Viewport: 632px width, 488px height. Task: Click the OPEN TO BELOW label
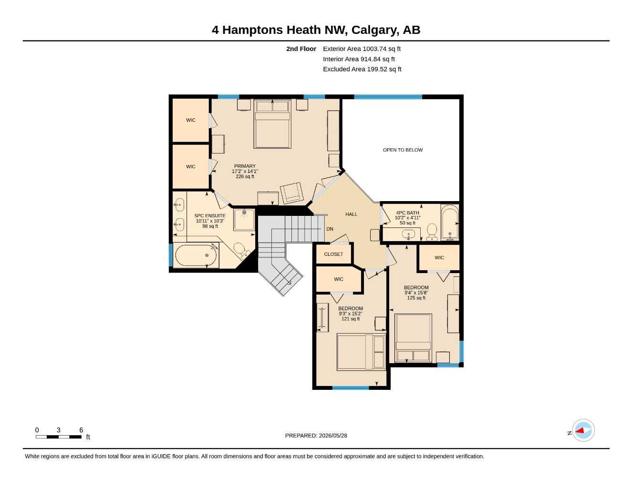(403, 150)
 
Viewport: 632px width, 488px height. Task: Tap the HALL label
(351, 214)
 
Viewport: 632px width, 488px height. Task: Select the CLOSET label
(333, 254)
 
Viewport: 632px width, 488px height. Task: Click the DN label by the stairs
(330, 229)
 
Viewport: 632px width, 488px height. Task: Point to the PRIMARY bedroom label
(245, 166)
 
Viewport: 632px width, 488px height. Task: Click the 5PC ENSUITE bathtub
(196, 255)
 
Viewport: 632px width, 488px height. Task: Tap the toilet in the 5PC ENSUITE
(241, 251)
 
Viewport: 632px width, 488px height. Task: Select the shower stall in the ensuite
(244, 220)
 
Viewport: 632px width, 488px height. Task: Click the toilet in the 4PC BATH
(432, 232)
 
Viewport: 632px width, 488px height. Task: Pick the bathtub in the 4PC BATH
(450, 222)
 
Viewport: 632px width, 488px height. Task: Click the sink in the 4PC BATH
(408, 234)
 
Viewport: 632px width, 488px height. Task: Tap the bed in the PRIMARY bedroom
(272, 124)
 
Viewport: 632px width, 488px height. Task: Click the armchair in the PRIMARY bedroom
(292, 193)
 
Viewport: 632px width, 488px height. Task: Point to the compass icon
(583, 430)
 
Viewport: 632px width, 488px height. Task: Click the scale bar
(59, 437)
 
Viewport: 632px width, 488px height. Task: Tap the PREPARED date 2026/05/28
(333, 436)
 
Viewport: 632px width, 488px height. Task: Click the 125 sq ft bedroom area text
(416, 298)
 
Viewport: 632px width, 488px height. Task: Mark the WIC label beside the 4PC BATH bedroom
(439, 258)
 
